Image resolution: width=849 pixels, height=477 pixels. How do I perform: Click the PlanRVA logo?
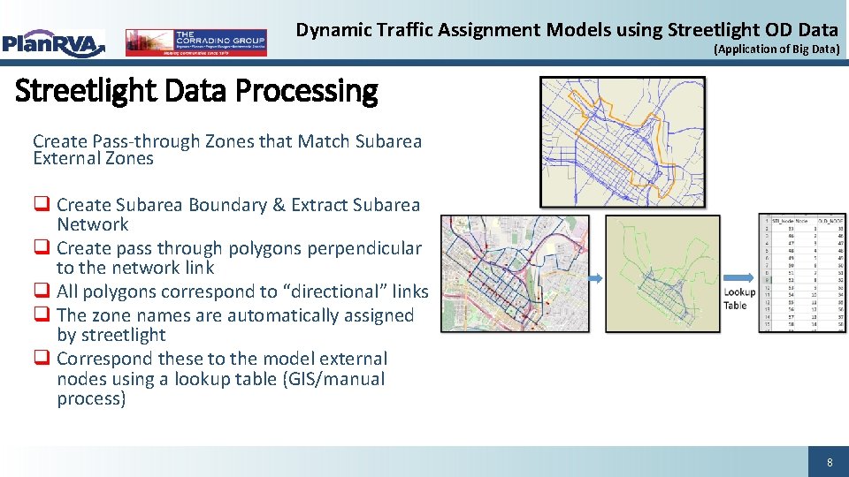[x=53, y=42]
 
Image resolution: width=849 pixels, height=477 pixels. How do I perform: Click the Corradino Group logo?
[x=195, y=42]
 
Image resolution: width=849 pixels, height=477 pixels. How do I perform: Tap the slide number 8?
[x=829, y=462]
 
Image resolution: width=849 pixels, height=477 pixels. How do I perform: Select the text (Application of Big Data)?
[x=776, y=49]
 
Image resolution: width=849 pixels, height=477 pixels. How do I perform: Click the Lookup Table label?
[x=738, y=299]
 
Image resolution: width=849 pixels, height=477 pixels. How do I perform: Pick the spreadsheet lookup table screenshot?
[x=801, y=274]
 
